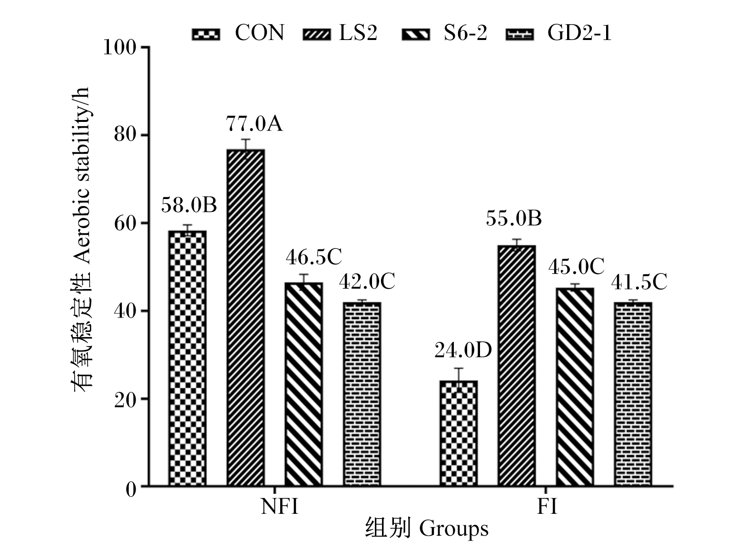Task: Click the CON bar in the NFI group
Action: click(x=187, y=358)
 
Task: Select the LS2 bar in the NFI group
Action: click(x=245, y=318)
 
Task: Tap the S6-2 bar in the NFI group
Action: click(x=304, y=384)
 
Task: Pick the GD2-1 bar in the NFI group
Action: click(x=362, y=394)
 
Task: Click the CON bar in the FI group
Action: click(x=459, y=433)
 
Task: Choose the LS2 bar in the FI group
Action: click(x=517, y=366)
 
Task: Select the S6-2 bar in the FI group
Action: click(x=575, y=387)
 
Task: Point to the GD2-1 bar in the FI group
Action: click(x=633, y=394)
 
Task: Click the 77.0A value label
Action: click(x=254, y=123)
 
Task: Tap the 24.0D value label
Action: click(x=463, y=350)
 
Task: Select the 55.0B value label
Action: click(x=514, y=219)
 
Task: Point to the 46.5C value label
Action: click(x=314, y=257)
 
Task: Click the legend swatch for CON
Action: click(x=206, y=34)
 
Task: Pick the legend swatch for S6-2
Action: click(x=416, y=34)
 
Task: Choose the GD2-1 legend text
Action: click(x=579, y=33)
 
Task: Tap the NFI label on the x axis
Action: click(x=279, y=507)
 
